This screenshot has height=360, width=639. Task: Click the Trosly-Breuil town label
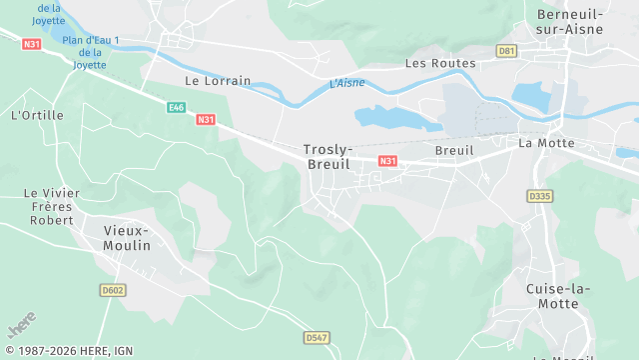tap(327, 157)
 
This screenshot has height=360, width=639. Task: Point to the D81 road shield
tap(507, 50)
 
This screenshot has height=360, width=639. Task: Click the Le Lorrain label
tap(218, 80)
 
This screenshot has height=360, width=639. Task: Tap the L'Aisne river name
tap(346, 83)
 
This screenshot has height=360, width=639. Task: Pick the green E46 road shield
tap(177, 107)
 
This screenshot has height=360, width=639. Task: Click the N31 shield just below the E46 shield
tap(206, 120)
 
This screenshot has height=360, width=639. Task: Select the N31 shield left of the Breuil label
tap(388, 160)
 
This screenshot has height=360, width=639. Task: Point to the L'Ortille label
tap(37, 115)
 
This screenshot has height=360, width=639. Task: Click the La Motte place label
tap(547, 143)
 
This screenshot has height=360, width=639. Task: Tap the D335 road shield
tap(539, 196)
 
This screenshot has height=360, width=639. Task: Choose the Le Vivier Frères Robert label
tap(50, 206)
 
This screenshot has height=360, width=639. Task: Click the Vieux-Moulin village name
tap(127, 237)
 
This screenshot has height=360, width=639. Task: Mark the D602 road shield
tap(113, 290)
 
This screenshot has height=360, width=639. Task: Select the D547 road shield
tap(317, 337)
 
